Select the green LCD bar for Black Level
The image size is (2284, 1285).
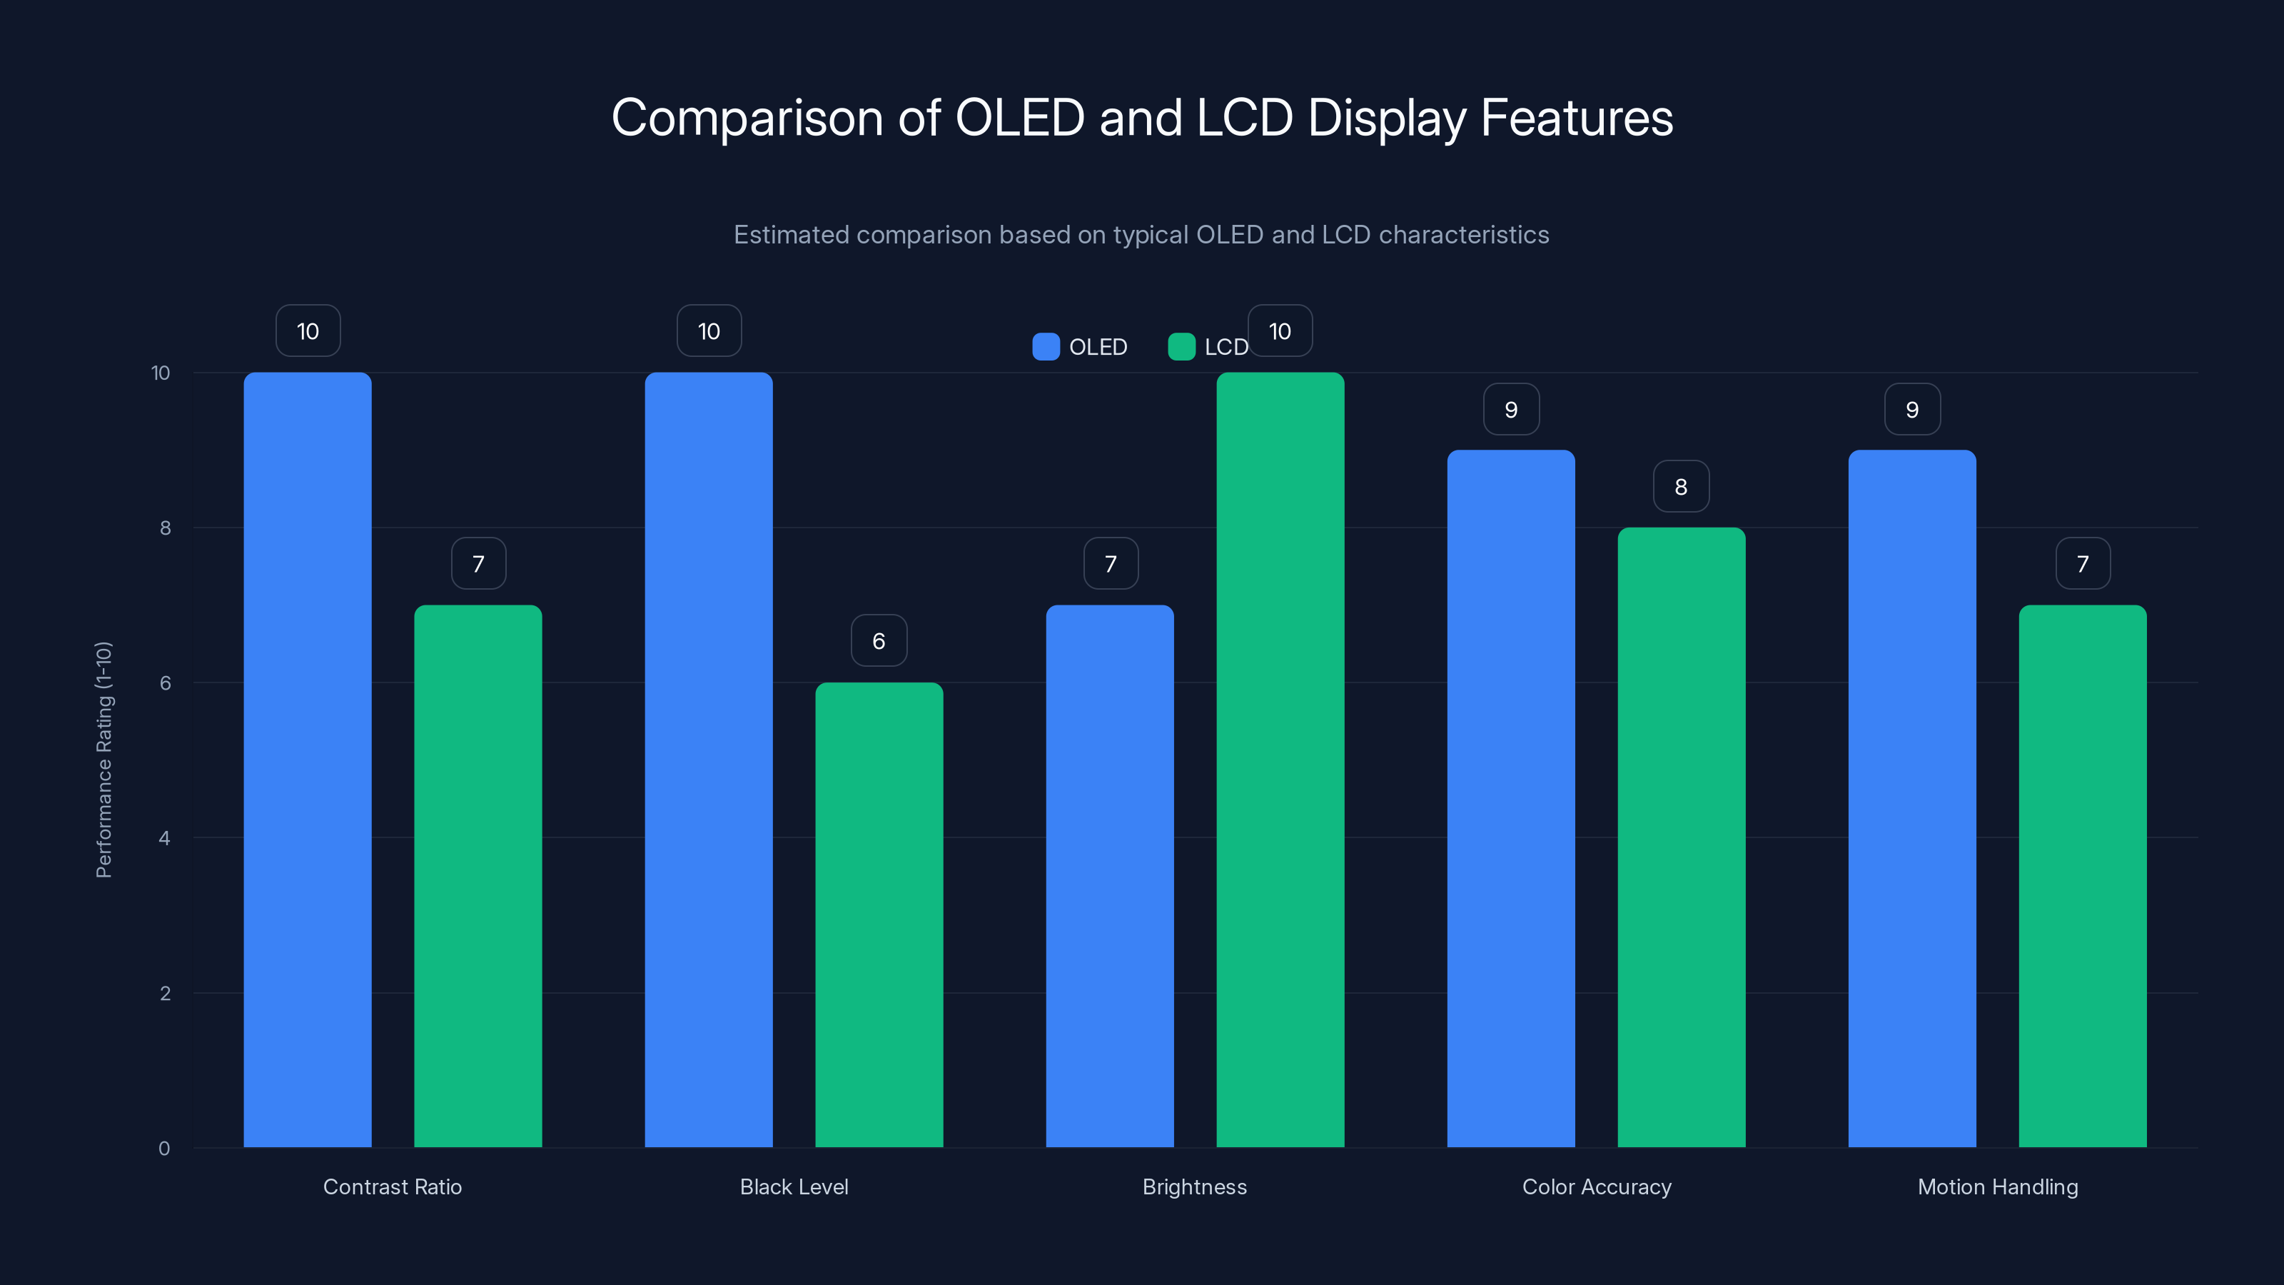click(879, 914)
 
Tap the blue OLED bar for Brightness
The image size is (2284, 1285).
click(1109, 875)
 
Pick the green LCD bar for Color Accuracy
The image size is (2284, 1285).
click(1681, 837)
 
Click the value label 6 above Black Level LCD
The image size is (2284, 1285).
click(879, 640)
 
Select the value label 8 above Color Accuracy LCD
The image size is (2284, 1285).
click(1681, 486)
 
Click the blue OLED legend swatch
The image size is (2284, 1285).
click(1046, 347)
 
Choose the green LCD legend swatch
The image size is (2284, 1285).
click(1181, 347)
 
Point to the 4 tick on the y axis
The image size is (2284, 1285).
click(164, 838)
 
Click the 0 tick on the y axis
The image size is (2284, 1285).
click(164, 1149)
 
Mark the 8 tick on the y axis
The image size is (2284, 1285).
click(165, 528)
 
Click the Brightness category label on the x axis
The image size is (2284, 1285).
click(1194, 1186)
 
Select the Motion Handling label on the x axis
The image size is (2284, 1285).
click(1997, 1186)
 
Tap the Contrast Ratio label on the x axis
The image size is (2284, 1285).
click(392, 1186)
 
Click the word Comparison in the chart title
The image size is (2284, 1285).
click(747, 118)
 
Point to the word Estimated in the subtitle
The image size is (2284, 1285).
click(791, 234)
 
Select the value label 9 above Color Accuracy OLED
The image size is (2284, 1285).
click(1511, 409)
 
